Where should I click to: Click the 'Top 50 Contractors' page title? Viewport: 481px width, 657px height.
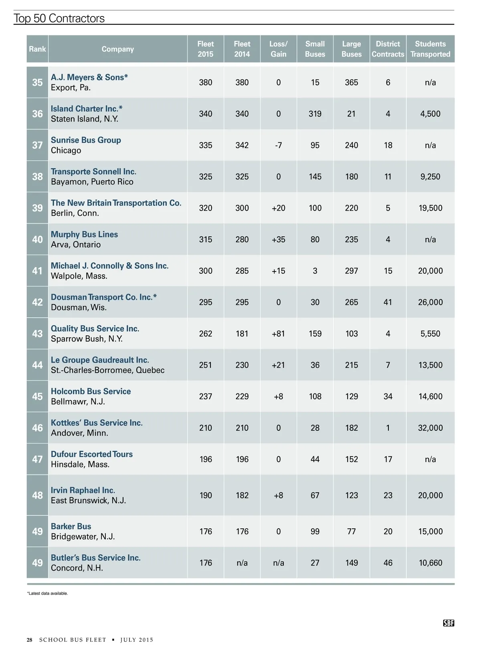(59, 18)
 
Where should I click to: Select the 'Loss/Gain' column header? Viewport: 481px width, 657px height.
(278, 49)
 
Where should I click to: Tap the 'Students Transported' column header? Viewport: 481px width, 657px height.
(430, 49)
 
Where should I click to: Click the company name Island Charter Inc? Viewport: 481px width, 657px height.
(86, 109)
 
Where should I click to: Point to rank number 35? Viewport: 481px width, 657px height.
(37, 82)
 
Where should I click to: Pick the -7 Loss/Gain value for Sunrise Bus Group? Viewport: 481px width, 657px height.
(278, 145)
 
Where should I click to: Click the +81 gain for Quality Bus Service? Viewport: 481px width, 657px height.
(278, 334)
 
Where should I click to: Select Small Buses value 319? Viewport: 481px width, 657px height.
(315, 114)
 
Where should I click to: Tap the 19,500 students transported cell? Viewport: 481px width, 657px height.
(430, 208)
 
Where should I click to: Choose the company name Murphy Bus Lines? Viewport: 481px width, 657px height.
(84, 234)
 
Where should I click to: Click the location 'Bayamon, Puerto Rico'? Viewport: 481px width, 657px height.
(92, 182)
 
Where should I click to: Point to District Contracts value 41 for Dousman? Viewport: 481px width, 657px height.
(388, 302)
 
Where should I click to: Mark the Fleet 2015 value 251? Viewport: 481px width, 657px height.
(206, 365)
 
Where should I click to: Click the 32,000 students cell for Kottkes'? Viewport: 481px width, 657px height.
(430, 428)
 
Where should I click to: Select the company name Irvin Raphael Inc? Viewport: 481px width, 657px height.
(83, 490)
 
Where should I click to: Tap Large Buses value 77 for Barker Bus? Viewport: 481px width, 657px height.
(352, 531)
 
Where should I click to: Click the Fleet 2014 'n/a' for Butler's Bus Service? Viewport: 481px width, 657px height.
(242, 563)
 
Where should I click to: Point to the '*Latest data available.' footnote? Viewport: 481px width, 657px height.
(47, 593)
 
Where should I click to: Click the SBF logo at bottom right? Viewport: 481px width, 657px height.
(449, 623)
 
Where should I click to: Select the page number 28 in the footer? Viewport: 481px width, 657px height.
(30, 640)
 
